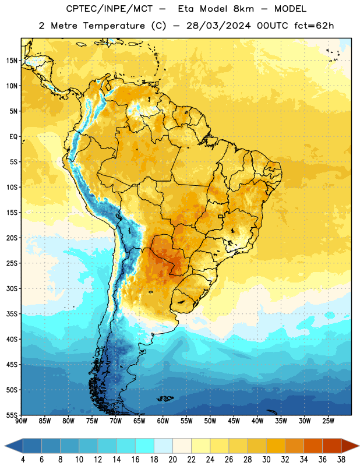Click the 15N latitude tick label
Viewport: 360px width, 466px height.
coord(12,61)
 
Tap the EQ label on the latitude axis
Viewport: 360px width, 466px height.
coord(13,137)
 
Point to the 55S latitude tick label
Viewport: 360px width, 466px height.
coord(12,415)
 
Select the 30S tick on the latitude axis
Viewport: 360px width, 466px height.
coord(12,288)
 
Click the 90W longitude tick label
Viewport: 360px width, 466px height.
coord(21,421)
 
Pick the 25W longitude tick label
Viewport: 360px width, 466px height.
coord(328,421)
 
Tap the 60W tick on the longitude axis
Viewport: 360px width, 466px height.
coord(163,421)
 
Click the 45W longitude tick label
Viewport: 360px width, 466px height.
coord(234,421)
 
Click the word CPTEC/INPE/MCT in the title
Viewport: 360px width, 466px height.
coord(110,9)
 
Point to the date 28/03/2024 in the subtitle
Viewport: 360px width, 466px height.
coord(218,26)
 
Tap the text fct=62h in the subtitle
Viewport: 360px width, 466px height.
coord(314,26)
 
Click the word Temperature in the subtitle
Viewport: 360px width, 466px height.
coord(114,26)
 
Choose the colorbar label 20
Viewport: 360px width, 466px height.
coord(172,460)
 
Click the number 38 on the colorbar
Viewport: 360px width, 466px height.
coord(341,460)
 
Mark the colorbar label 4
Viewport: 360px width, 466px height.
coord(23,460)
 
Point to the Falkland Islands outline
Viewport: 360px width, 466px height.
coord(165,398)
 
